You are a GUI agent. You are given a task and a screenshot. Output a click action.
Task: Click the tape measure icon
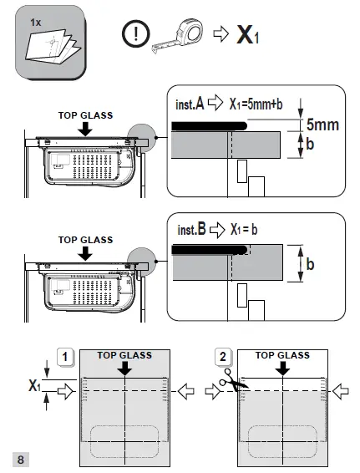178,36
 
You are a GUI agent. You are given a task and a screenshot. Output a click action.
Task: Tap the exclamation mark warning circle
135,33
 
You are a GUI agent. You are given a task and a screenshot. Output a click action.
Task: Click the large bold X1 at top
248,35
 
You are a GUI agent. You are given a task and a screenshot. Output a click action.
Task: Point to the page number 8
21,460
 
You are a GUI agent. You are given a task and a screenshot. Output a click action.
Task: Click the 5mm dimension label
322,125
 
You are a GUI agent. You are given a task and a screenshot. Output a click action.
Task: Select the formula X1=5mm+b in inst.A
256,104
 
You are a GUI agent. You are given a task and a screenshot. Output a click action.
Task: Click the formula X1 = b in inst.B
244,230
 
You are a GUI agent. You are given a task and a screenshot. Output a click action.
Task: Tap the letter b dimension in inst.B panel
310,264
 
